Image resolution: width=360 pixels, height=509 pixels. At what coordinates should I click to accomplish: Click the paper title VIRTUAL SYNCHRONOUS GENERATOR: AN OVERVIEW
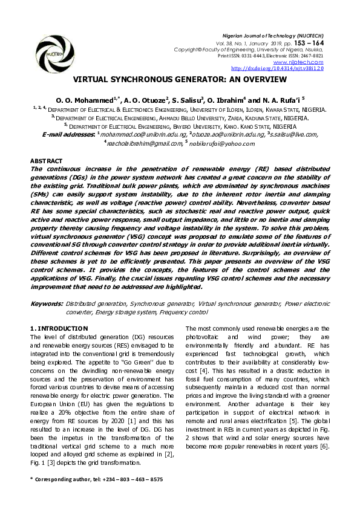click(180, 79)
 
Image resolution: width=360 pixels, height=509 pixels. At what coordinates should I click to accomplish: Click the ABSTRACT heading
click(47, 160)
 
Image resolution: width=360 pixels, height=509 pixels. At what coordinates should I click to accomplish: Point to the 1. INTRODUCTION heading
click(59, 328)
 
